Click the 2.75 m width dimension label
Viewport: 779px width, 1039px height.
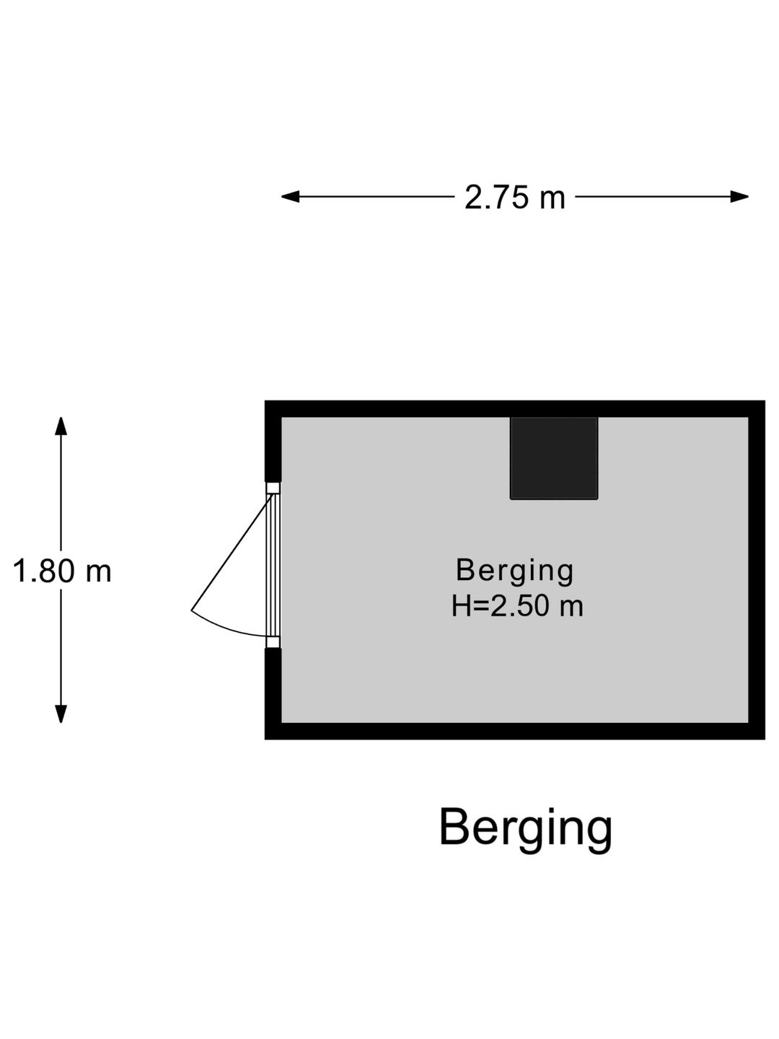click(514, 198)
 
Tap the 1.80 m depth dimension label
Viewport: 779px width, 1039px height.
click(62, 571)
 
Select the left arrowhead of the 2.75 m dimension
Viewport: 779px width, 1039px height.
click(291, 196)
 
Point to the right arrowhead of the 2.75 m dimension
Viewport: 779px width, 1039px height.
click(739, 196)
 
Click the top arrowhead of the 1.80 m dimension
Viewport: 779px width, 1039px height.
click(61, 426)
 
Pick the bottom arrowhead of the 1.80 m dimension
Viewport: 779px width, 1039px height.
click(61, 714)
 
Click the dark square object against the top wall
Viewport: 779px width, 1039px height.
click(554, 458)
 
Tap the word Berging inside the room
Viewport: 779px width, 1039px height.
click(514, 571)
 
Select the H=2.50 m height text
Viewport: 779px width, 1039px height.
click(517, 606)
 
